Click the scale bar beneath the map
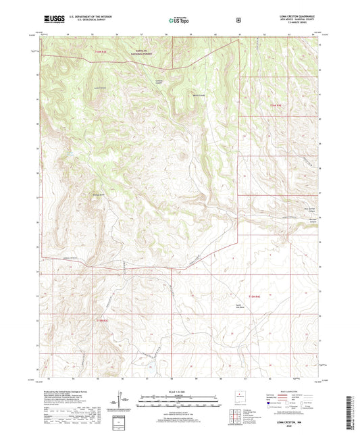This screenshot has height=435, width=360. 180,403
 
